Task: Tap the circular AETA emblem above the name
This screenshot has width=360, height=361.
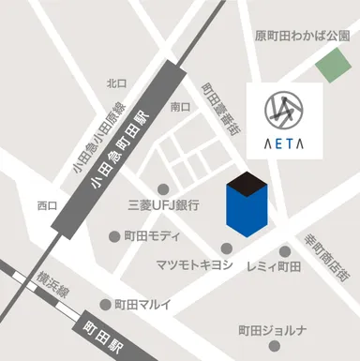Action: [x=284, y=109]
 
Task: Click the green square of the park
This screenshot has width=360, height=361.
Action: [x=331, y=67]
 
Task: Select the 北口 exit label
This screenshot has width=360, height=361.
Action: [x=116, y=83]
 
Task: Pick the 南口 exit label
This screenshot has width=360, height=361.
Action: [x=181, y=108]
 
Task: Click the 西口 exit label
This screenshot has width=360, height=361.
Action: [x=47, y=204]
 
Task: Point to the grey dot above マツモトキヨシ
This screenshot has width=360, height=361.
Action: [x=227, y=248]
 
